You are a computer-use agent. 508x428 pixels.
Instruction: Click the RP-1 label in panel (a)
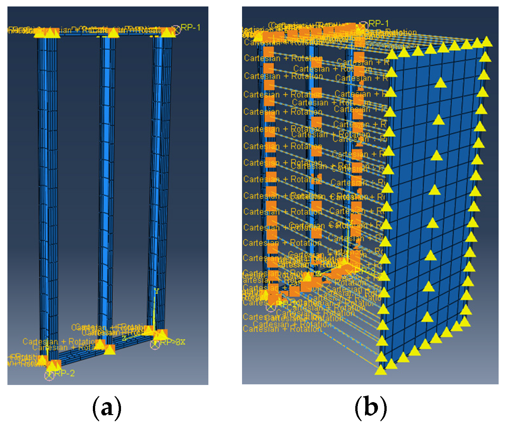coord(190,27)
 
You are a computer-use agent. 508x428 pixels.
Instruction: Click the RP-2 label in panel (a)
coord(64,373)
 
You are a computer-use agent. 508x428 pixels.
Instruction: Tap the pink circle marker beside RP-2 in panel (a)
coord(49,376)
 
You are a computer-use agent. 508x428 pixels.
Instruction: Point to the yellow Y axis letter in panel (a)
coord(157,291)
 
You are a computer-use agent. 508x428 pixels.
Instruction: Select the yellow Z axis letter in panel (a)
coord(124,338)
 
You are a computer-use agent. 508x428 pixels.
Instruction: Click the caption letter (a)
coord(107,408)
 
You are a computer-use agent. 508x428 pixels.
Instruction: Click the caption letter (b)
coord(371,408)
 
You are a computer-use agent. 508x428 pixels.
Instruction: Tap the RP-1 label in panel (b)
coord(378,24)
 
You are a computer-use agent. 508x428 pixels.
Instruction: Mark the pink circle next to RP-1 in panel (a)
coord(176,30)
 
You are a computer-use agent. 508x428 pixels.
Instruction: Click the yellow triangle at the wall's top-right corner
coord(487,42)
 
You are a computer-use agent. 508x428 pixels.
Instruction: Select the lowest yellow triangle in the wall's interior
coord(427,317)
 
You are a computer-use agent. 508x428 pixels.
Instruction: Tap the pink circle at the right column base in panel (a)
coord(155,345)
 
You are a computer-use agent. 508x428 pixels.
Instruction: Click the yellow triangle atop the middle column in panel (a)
coord(113,33)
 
